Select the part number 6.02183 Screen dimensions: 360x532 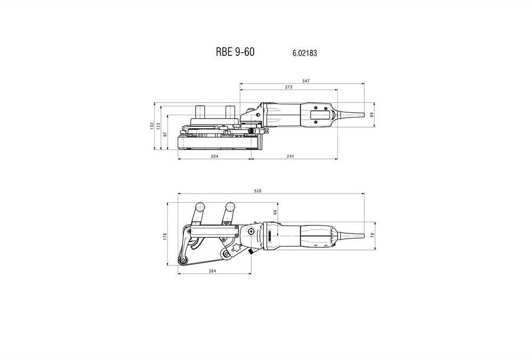point(305,53)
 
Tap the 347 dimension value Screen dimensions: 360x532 point(306,81)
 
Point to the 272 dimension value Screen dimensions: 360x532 point(288,87)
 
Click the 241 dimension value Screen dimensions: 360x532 point(291,156)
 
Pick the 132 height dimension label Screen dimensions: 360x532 point(152,127)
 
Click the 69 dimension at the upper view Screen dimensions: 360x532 point(372,115)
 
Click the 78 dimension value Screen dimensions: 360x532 point(372,235)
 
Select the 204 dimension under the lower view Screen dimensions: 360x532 point(213,271)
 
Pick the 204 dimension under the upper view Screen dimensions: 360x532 point(214,156)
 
